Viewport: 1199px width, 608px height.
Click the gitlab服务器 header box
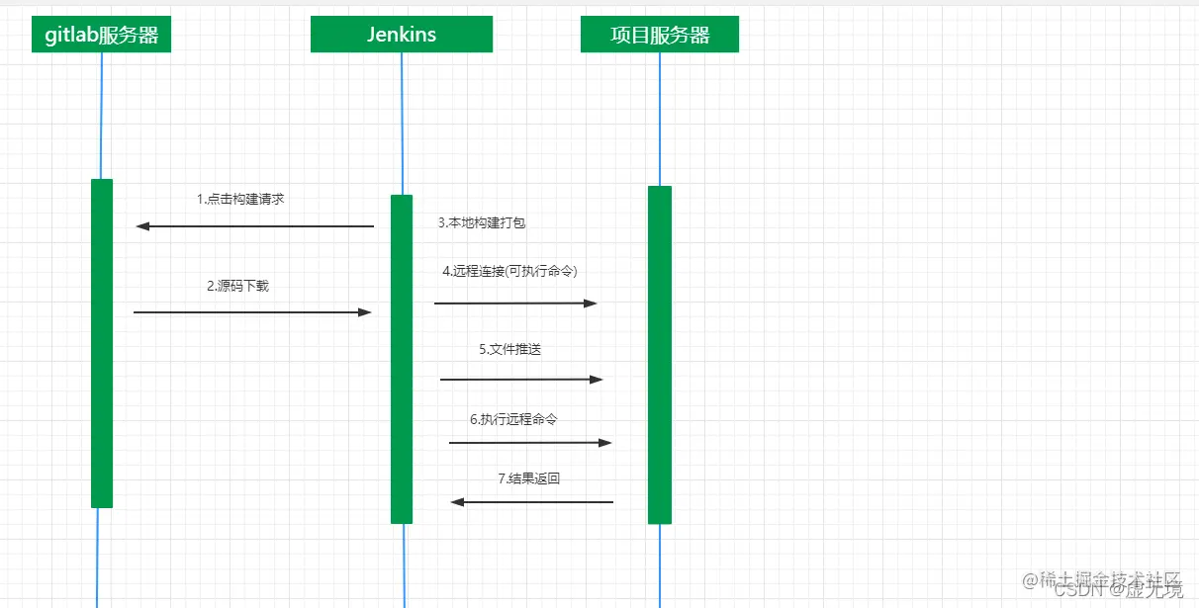pos(101,36)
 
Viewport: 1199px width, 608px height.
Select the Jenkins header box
pos(401,35)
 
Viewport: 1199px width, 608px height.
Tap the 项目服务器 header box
pos(660,36)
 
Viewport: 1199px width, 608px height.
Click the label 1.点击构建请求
pos(240,199)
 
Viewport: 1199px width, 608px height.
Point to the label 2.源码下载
pos(237,287)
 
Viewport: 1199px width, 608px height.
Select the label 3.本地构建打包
pos(482,223)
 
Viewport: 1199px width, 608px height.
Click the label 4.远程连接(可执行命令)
pos(509,271)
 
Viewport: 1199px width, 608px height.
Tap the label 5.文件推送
pos(510,349)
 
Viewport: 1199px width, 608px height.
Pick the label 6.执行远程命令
pos(513,419)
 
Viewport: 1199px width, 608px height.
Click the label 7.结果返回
pos(529,478)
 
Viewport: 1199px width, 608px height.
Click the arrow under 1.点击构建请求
pos(254,226)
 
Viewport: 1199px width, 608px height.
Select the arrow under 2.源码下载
pos(252,312)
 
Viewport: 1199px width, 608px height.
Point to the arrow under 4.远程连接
pos(515,303)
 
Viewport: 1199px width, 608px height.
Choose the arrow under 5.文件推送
pos(521,379)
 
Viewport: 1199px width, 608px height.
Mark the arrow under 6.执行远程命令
pos(530,442)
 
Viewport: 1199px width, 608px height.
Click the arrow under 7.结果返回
pos(532,502)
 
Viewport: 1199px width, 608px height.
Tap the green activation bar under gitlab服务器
pos(102,343)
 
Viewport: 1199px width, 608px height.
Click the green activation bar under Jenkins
pos(402,359)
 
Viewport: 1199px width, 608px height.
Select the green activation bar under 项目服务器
pos(660,354)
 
